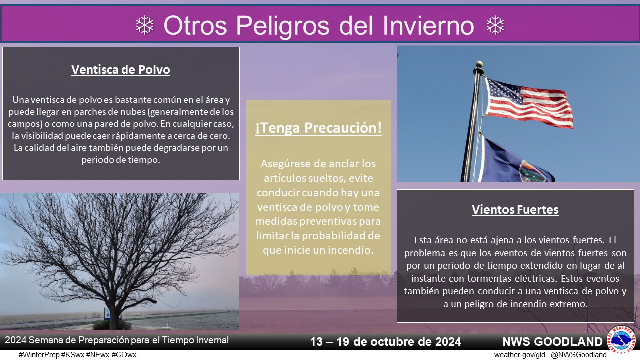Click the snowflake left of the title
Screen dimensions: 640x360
click(145, 25)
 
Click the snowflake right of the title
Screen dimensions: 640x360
click(495, 25)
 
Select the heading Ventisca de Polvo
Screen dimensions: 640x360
click(121, 70)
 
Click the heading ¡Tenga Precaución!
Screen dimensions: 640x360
click(318, 128)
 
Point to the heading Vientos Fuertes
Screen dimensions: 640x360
click(515, 210)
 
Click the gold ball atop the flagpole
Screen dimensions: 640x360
click(479, 64)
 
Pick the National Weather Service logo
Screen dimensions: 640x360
click(621, 340)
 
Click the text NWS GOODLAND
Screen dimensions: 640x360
click(552, 342)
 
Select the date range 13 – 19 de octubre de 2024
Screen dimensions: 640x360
click(385, 342)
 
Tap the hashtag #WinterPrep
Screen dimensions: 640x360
click(39, 355)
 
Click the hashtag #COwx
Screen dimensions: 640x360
click(124, 355)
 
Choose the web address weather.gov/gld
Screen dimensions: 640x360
click(519, 355)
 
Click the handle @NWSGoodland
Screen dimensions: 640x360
click(579, 355)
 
